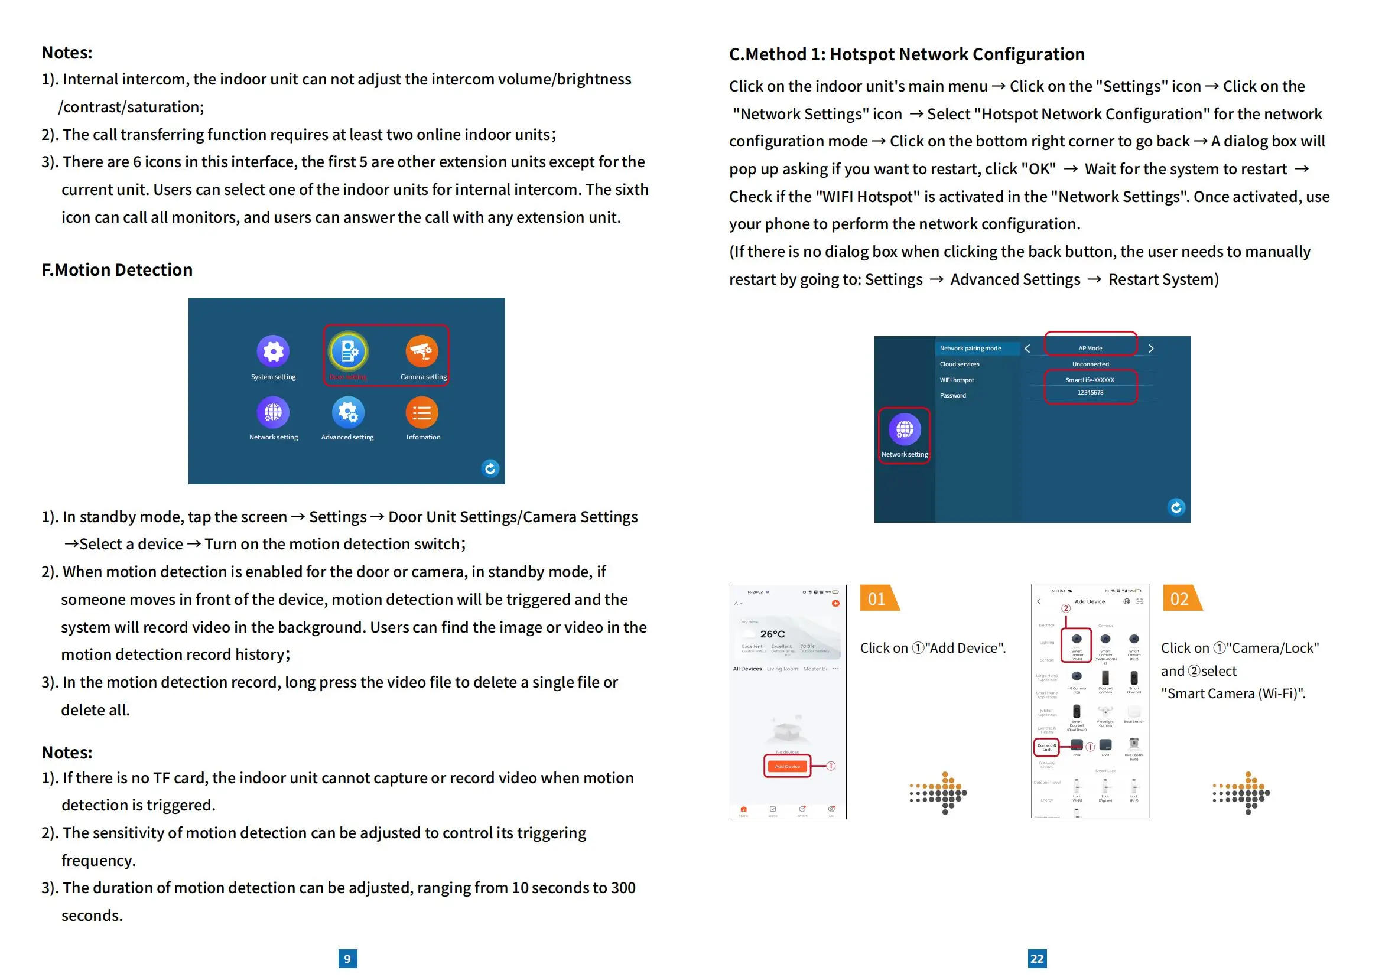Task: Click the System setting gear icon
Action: click(x=274, y=351)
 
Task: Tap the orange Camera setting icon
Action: click(x=421, y=351)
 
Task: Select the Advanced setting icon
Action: click(x=348, y=413)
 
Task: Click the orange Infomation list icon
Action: click(x=422, y=413)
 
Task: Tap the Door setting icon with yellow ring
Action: click(x=348, y=351)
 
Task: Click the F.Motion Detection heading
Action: click(x=118, y=270)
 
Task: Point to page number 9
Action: click(x=347, y=958)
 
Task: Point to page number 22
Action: click(x=1036, y=958)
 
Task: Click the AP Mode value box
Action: click(x=1090, y=348)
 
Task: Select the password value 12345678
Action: click(x=1090, y=392)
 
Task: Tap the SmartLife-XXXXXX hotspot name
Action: click(x=1090, y=380)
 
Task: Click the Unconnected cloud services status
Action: click(x=1090, y=364)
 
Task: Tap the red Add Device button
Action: click(x=787, y=767)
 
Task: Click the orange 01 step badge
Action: click(x=877, y=598)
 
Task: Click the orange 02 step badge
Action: click(x=1181, y=598)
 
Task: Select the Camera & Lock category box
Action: click(x=1047, y=747)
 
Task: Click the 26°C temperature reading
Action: click(x=772, y=634)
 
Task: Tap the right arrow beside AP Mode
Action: click(x=1151, y=349)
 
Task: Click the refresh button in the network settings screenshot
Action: click(x=1176, y=507)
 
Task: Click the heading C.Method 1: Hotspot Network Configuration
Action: click(x=906, y=55)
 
